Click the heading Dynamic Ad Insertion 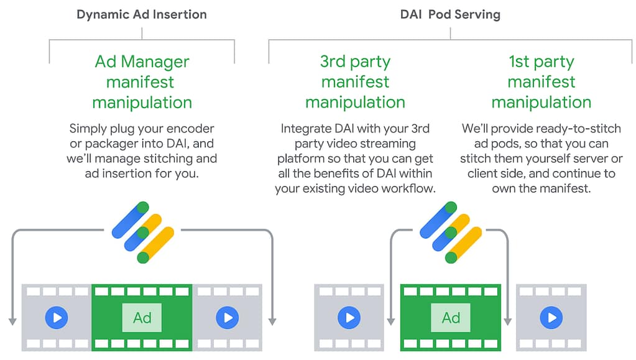coord(142,14)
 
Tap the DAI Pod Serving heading coord(451,14)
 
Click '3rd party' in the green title coord(355,62)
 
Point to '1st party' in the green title coord(541,62)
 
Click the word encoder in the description coord(190,129)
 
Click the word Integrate coord(306,129)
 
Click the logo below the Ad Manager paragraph coord(142,232)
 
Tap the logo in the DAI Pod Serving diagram coord(451,232)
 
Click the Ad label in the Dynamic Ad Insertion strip coord(142,318)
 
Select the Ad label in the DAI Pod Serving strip coord(451,318)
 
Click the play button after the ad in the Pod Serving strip coord(551,318)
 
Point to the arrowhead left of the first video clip coord(12,321)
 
